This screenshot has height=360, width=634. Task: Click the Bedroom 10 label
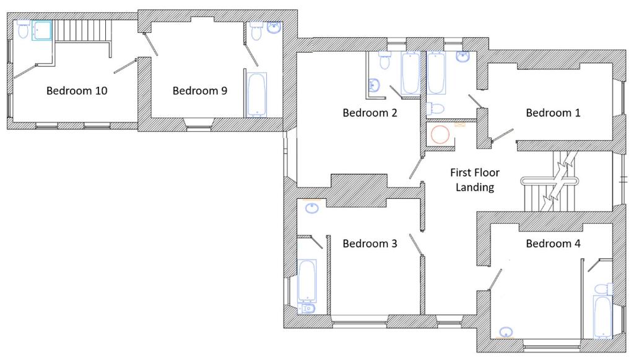[x=77, y=90]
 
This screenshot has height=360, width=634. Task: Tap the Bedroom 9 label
[x=200, y=90]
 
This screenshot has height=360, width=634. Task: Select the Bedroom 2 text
[x=370, y=112]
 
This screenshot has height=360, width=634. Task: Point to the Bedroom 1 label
[x=553, y=112]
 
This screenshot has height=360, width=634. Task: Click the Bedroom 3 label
[x=370, y=244]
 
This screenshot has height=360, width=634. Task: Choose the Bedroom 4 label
[x=553, y=244]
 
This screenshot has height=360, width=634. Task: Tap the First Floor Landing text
[x=475, y=180]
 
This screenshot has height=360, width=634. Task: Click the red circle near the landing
[x=440, y=134]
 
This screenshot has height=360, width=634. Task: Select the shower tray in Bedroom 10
[x=42, y=31]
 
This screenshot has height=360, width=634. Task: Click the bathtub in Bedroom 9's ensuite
[x=257, y=95]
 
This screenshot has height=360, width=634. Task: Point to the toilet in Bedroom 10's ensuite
[x=23, y=29]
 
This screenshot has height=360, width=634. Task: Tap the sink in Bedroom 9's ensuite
[x=274, y=27]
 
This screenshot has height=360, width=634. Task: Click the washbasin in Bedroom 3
[x=312, y=208]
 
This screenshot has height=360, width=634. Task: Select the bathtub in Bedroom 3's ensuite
[x=307, y=281]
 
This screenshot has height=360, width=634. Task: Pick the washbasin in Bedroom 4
[x=506, y=333]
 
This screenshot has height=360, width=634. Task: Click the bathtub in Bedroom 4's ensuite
[x=603, y=317]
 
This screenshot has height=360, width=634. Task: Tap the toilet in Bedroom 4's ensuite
[x=603, y=289]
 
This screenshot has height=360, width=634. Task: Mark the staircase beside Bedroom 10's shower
[x=83, y=31]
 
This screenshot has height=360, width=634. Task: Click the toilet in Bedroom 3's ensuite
[x=307, y=309]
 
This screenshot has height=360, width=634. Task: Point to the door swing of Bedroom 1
[x=502, y=135]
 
